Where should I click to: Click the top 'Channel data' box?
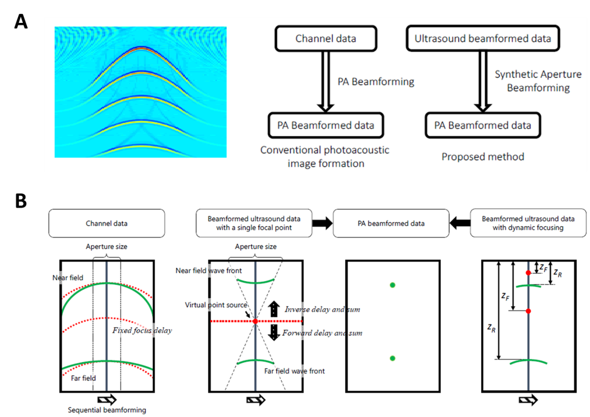[326, 38]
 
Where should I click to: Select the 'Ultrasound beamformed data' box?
[483, 38]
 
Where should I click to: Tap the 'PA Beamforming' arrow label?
[375, 82]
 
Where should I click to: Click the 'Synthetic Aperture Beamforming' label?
[538, 81]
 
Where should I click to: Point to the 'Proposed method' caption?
[483, 156]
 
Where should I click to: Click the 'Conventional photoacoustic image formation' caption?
[325, 156]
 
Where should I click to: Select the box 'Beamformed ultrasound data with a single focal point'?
[254, 223]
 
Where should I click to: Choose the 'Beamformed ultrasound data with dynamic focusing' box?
[528, 223]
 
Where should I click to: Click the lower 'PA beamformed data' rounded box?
[391, 223]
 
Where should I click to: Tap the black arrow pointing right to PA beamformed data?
[322, 223]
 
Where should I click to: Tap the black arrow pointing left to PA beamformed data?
[460, 223]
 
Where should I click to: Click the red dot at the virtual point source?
[255, 322]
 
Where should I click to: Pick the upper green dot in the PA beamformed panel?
[392, 285]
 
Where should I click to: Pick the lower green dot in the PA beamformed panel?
[392, 358]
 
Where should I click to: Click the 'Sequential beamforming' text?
[107, 410]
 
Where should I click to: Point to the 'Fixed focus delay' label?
[142, 330]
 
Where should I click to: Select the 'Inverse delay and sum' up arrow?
[274, 309]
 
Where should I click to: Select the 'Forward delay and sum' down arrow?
[274, 332]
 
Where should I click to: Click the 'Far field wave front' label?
[294, 371]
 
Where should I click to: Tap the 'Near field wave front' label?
[208, 271]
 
